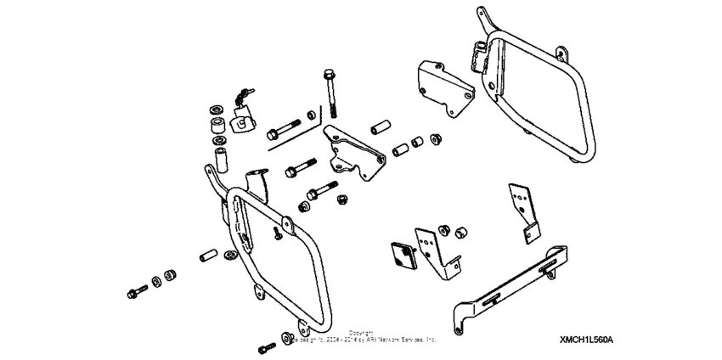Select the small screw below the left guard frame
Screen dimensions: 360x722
click(x=267, y=347)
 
